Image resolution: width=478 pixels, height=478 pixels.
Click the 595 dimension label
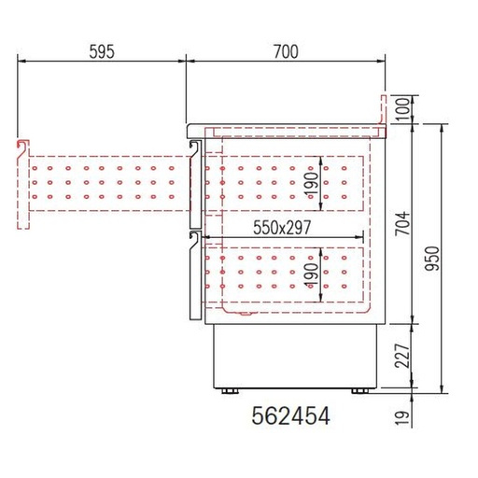point(102,51)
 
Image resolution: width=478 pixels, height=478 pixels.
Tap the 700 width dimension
point(286,51)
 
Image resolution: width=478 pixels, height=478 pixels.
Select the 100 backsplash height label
point(402,109)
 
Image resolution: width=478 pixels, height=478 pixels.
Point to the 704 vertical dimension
point(402,223)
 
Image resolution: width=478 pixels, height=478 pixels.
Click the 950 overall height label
point(432,259)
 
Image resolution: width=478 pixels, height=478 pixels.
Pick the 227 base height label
point(402,356)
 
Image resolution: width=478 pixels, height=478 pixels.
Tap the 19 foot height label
point(402,418)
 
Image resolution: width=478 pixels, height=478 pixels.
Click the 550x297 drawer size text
point(282,228)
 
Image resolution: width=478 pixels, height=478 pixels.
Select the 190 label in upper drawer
point(313,185)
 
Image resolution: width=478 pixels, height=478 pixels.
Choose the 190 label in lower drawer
point(313,275)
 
